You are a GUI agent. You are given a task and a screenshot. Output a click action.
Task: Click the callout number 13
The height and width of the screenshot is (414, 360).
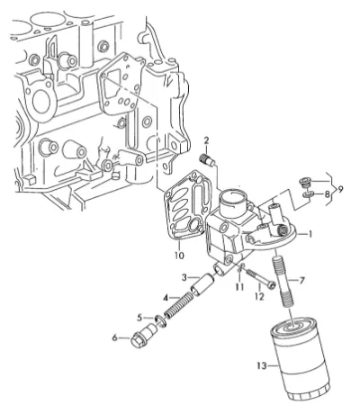click(x=262, y=365)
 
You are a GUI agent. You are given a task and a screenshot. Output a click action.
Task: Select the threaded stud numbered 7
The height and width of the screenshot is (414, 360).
click(x=283, y=281)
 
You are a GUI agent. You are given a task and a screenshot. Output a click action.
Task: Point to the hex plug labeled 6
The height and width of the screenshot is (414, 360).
click(x=161, y=320)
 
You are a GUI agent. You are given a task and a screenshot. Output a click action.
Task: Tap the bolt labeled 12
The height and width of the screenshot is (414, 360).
click(x=259, y=278)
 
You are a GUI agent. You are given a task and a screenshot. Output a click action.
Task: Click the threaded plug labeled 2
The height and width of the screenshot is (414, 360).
click(x=208, y=159)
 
